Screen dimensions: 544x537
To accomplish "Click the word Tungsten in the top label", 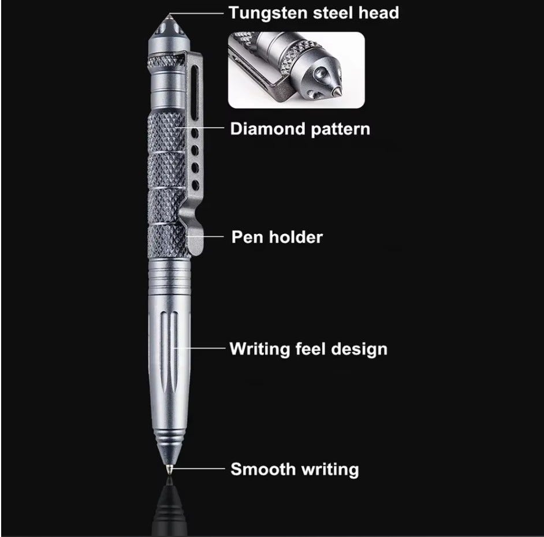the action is pos(268,14).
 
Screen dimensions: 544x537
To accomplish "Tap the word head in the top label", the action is pos(378,13).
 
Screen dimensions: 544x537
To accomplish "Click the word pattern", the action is pos(340,129).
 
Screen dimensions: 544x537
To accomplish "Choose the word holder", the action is pos(296,237).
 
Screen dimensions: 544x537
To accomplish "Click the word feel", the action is pos(310,349).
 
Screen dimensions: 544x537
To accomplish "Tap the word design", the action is pos(359,349).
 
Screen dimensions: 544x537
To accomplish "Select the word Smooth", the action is pos(263,469).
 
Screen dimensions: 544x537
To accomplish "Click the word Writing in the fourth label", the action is pos(259,349).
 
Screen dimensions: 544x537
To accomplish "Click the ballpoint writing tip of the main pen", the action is pos(169,469).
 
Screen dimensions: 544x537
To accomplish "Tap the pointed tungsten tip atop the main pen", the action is pos(169,16).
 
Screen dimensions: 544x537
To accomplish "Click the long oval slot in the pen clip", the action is pos(195,88).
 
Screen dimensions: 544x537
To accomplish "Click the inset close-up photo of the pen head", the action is pos(296,70).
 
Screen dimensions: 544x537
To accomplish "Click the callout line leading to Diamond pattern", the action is pos(200,128).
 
